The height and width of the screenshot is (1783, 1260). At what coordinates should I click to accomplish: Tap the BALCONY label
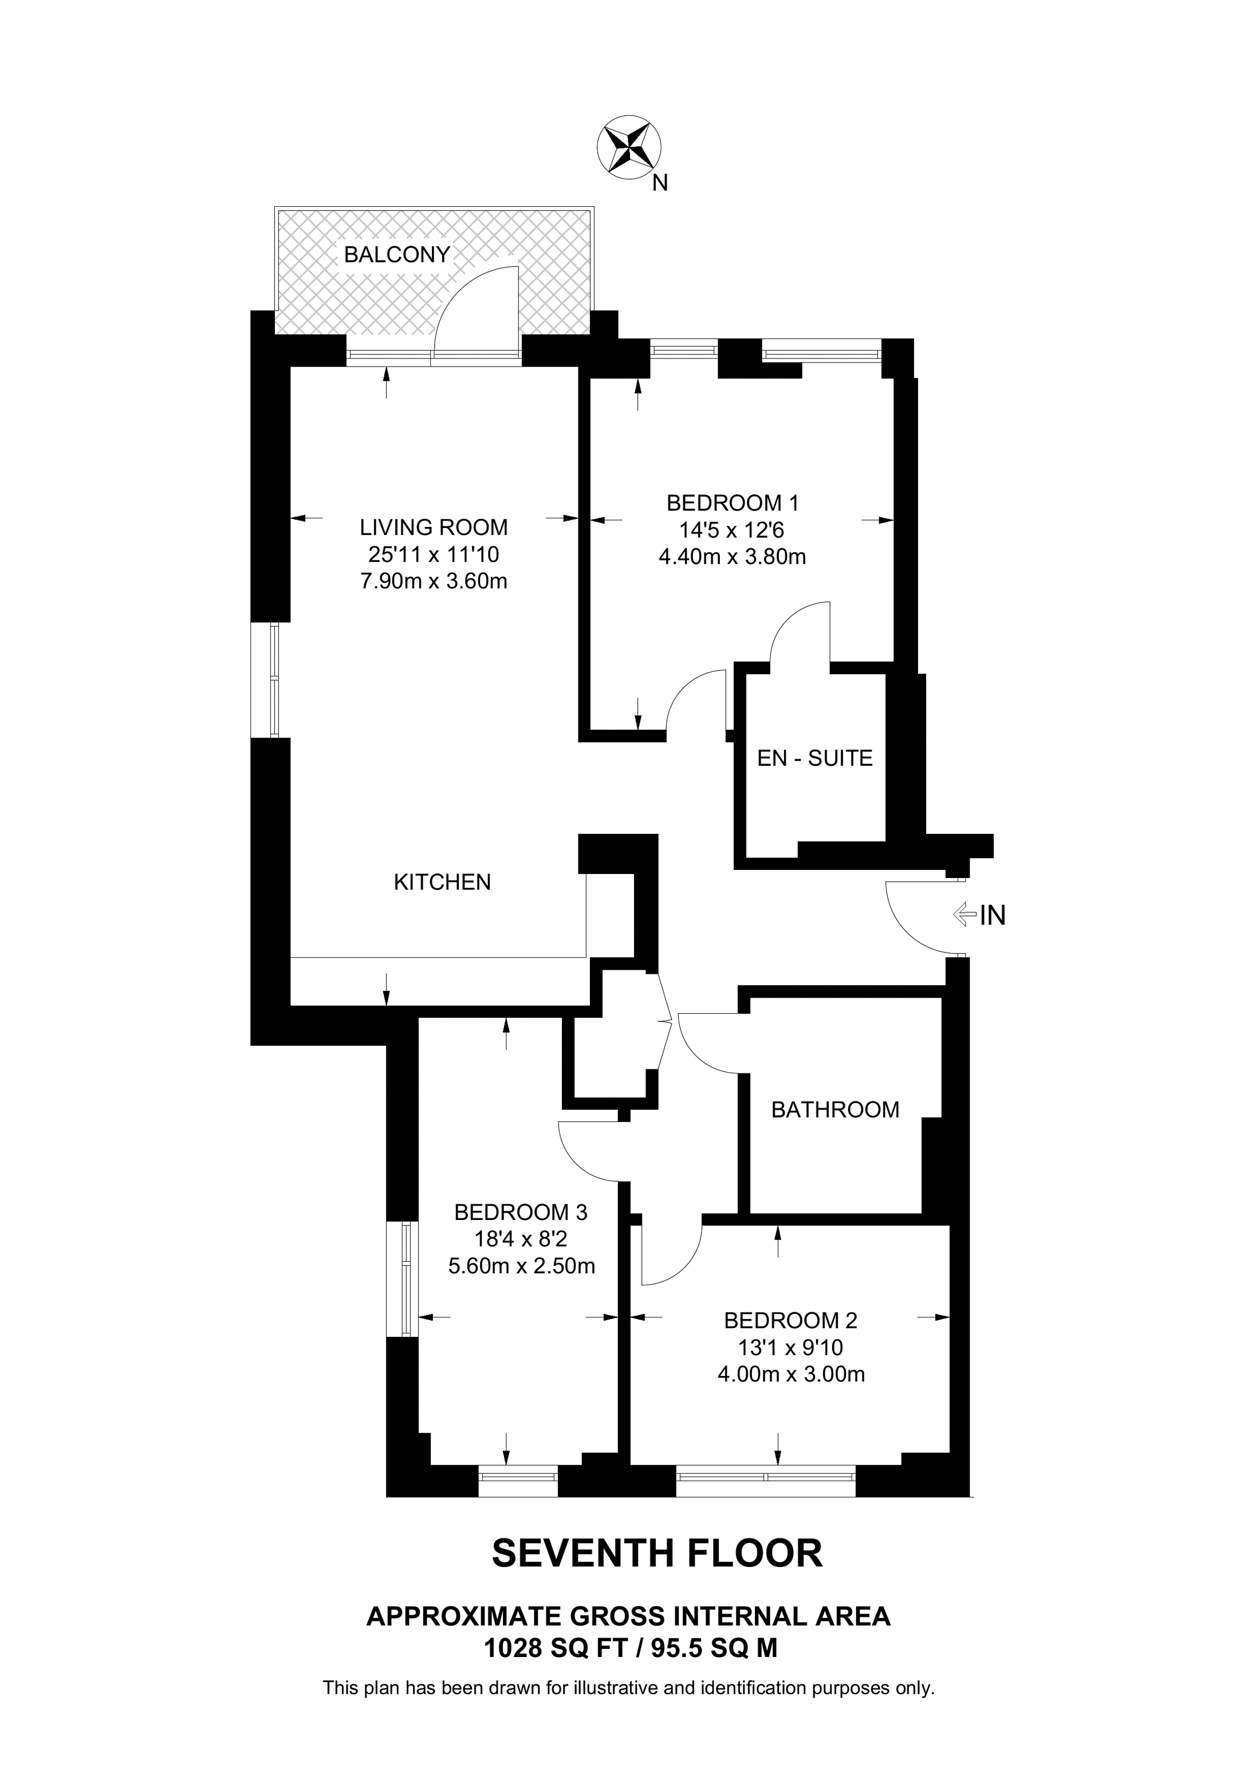coord(397,255)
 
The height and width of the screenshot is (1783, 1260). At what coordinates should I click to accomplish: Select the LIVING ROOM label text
coord(433,528)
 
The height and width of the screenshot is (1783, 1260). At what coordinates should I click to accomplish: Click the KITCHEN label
coord(443,882)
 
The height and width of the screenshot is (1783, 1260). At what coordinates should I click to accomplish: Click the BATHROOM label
coord(834,1109)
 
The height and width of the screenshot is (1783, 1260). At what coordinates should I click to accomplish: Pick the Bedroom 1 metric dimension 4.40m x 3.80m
coord(732,557)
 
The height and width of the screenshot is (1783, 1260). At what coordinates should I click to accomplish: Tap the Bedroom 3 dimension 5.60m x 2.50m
coord(522,1266)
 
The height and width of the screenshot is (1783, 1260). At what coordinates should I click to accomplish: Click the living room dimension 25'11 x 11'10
coord(433,554)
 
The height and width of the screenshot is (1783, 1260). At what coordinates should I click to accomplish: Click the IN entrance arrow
coord(963,914)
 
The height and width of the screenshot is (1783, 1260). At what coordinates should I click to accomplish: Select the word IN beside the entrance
coord(993,916)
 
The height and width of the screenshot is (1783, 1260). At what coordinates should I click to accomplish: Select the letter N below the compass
coord(660,183)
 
